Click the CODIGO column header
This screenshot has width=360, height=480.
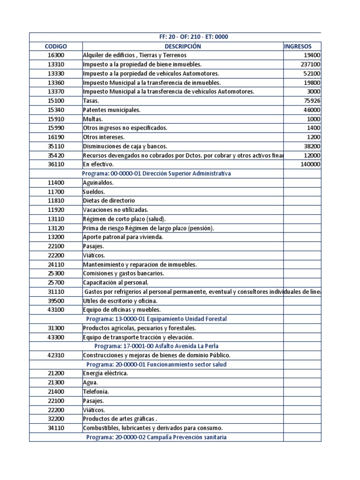pos(56,46)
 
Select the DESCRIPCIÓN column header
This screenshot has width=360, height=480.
pos(182,46)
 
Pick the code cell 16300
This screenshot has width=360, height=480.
pos(56,55)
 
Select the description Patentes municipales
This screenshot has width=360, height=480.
pos(112,110)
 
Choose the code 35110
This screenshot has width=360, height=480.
pos(56,146)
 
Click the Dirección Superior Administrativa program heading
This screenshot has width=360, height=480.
pos(156,173)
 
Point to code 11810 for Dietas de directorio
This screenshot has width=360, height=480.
pos(56,201)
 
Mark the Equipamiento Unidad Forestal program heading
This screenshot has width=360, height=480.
pos(156,319)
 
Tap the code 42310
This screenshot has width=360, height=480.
pos(56,355)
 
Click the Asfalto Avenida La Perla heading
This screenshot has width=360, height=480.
pos(156,346)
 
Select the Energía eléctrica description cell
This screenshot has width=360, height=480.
pos(105,374)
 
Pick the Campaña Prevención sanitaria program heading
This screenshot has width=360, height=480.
pos(156,437)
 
